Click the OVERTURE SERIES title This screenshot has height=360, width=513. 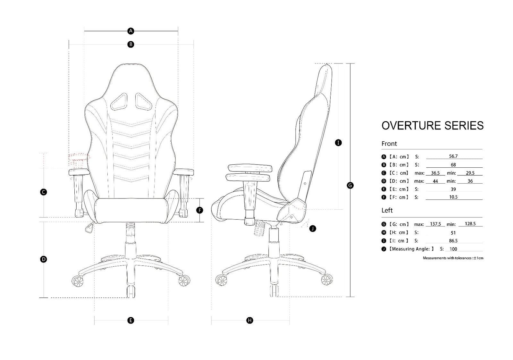(x=432, y=125)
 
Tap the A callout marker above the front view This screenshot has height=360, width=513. (x=130, y=31)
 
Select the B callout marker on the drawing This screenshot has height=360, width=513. (x=130, y=44)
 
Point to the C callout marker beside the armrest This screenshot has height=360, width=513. (x=44, y=192)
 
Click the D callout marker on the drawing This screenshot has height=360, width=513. (x=44, y=259)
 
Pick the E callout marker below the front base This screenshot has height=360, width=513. (x=130, y=320)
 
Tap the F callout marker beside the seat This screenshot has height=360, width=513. (x=200, y=210)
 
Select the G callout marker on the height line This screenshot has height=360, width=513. (x=350, y=185)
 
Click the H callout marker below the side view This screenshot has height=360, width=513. (x=250, y=320)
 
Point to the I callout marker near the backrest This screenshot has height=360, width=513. (x=338, y=143)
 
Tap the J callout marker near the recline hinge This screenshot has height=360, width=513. (x=313, y=229)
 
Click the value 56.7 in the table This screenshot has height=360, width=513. (x=453, y=156)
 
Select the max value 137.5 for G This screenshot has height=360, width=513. (x=435, y=224)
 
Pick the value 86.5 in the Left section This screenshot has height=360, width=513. (x=453, y=241)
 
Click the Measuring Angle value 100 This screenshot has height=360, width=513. (x=453, y=249)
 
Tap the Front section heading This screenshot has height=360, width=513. (x=389, y=144)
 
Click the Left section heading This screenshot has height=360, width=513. (x=387, y=210)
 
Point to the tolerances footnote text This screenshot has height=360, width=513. (x=453, y=258)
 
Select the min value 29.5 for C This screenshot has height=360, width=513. (x=470, y=173)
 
